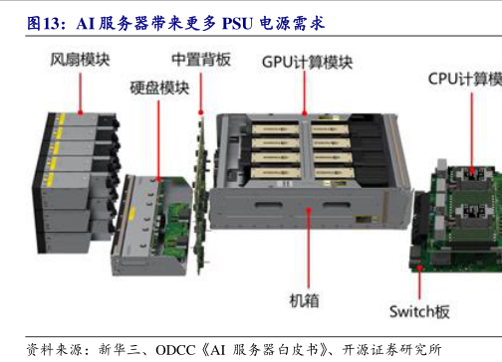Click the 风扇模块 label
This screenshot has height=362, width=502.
tap(80, 60)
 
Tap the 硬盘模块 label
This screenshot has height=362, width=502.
tap(159, 88)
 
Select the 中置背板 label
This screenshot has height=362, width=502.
tap(201, 60)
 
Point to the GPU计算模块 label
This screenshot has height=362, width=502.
tap(307, 62)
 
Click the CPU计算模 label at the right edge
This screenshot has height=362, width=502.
tap(465, 80)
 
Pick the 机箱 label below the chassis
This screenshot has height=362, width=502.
tap(305, 300)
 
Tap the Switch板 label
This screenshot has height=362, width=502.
tap(419, 311)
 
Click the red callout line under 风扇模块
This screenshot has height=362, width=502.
tap(80, 93)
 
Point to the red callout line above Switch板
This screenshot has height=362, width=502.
tap(419, 282)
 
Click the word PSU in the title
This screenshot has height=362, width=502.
tap(237, 24)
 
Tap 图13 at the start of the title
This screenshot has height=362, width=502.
tap(43, 24)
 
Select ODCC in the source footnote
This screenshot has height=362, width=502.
tap(175, 350)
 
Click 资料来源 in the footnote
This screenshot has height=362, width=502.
tap(55, 350)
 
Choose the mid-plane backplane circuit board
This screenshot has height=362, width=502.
tap(200, 196)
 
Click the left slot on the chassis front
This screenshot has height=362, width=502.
tap(269, 205)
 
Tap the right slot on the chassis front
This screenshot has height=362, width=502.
tap(337, 205)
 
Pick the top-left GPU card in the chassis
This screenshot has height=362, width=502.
tap(275, 129)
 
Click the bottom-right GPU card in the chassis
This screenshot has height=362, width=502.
tap(334, 173)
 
